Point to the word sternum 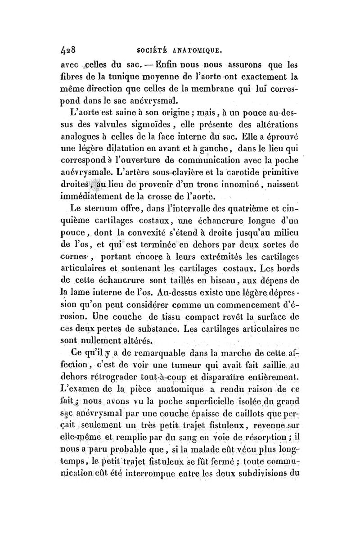[107, 209]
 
